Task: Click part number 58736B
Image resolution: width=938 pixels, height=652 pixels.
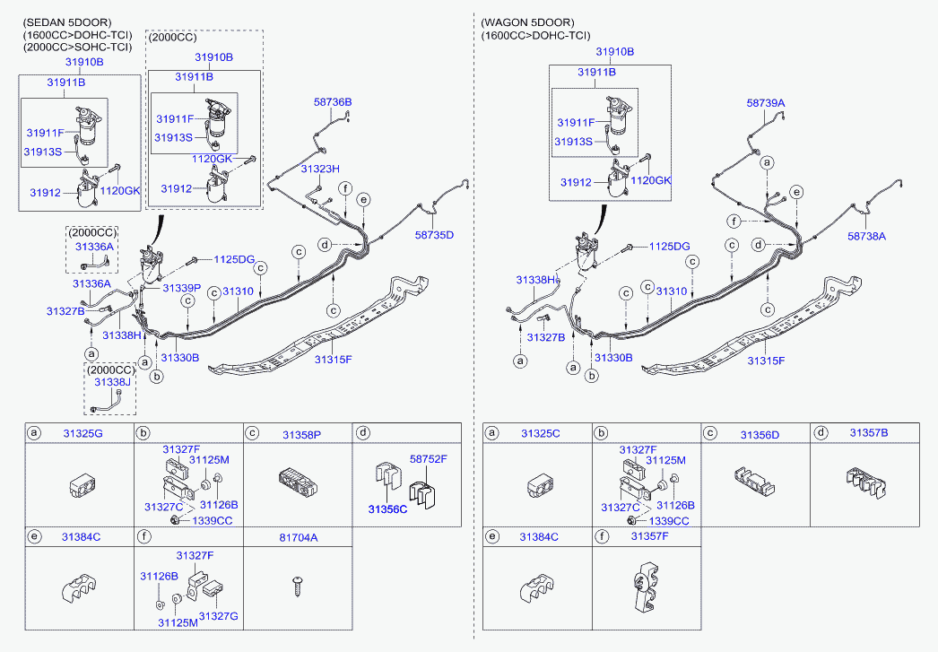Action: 332,102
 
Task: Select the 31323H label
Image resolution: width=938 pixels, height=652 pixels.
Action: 320,169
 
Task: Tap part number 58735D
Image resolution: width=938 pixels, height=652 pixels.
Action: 434,235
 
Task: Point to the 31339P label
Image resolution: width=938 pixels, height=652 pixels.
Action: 181,287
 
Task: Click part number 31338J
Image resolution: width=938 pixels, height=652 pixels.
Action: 112,382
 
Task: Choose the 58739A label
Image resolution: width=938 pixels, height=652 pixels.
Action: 766,103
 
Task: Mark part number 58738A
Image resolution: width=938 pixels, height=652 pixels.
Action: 867,236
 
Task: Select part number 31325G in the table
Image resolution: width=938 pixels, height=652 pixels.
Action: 82,434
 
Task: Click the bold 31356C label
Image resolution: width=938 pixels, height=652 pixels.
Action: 386,509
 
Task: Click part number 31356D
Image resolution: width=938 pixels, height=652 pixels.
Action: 760,434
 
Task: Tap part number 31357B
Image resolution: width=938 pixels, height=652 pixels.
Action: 869,432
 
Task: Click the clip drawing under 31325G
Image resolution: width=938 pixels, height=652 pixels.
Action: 83,485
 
